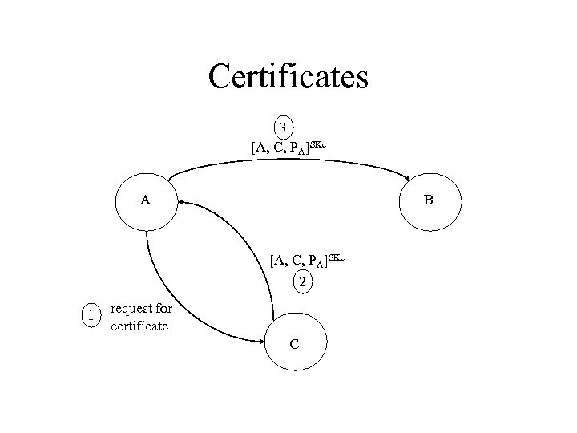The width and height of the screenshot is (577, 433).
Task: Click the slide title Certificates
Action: point(288,76)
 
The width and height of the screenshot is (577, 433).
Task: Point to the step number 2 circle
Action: point(301,281)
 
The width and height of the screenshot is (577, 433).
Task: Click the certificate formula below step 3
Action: point(288,147)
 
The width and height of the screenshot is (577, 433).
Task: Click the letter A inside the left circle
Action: point(146,200)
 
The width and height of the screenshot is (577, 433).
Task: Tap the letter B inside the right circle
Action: point(429,200)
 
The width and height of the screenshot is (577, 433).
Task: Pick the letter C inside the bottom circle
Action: point(295,344)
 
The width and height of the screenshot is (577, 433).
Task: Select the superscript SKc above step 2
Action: point(335,256)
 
